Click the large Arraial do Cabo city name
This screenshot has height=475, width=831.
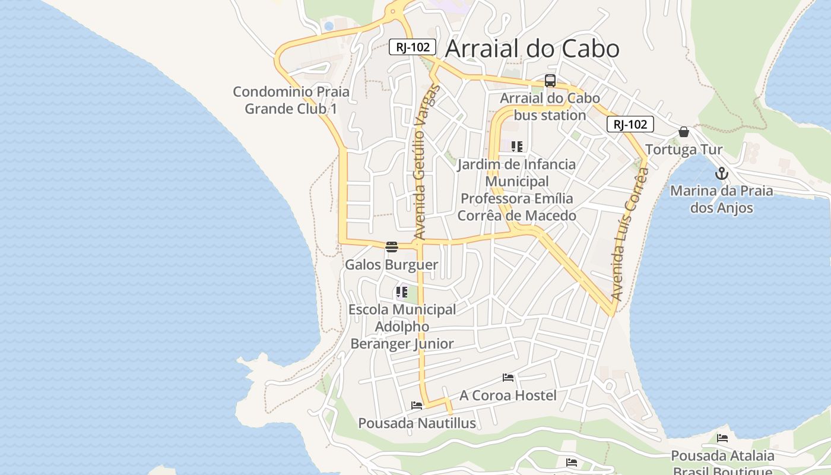click(x=532, y=49)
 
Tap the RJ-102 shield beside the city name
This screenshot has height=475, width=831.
click(x=413, y=47)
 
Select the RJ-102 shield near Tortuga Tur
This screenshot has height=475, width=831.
click(x=630, y=124)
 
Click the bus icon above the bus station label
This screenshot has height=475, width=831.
click(x=550, y=81)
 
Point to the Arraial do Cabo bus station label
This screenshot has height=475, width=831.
click(x=550, y=106)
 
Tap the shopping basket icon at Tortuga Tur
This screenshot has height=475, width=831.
click(x=684, y=132)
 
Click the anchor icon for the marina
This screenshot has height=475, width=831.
click(x=722, y=174)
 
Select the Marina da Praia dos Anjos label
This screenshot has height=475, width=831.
click(x=722, y=199)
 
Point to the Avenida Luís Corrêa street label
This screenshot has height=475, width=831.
click(x=629, y=235)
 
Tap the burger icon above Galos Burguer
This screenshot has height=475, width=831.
click(x=391, y=247)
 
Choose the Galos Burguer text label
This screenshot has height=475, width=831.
click(x=392, y=265)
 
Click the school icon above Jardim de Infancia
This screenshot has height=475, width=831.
click(x=517, y=146)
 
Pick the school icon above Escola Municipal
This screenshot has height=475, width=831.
click(x=402, y=292)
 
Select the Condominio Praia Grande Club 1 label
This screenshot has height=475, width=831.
click(x=291, y=100)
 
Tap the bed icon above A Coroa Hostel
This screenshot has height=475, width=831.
click(x=508, y=377)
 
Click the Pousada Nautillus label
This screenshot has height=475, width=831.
click(x=417, y=423)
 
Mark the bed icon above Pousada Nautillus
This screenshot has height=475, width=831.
click(x=417, y=406)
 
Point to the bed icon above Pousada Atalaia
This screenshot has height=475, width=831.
click(x=722, y=438)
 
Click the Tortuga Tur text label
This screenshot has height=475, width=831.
click(x=684, y=149)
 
